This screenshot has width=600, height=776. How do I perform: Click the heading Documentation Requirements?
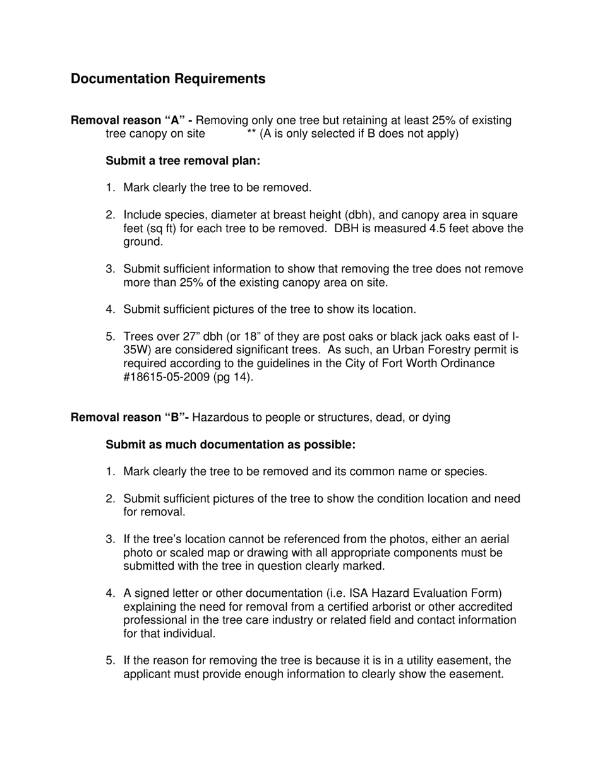tap(168, 79)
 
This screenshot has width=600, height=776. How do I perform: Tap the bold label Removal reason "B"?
tap(129, 418)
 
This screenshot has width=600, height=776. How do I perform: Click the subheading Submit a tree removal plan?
tap(183, 161)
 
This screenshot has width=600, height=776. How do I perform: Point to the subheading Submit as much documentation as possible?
tap(231, 445)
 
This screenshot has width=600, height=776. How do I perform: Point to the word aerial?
tap(493, 539)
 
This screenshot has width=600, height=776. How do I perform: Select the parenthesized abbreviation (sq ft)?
tap(161, 228)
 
